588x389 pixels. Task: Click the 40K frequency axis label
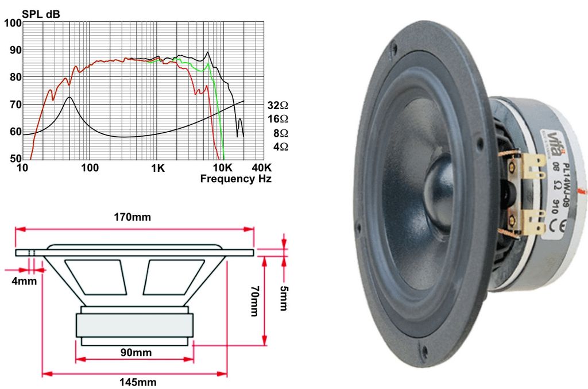tap(262, 169)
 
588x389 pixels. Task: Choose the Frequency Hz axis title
tap(235, 179)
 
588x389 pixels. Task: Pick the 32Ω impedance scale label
tap(277, 106)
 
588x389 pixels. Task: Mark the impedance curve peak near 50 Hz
tap(69, 98)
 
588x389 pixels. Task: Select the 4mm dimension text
tap(25, 281)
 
